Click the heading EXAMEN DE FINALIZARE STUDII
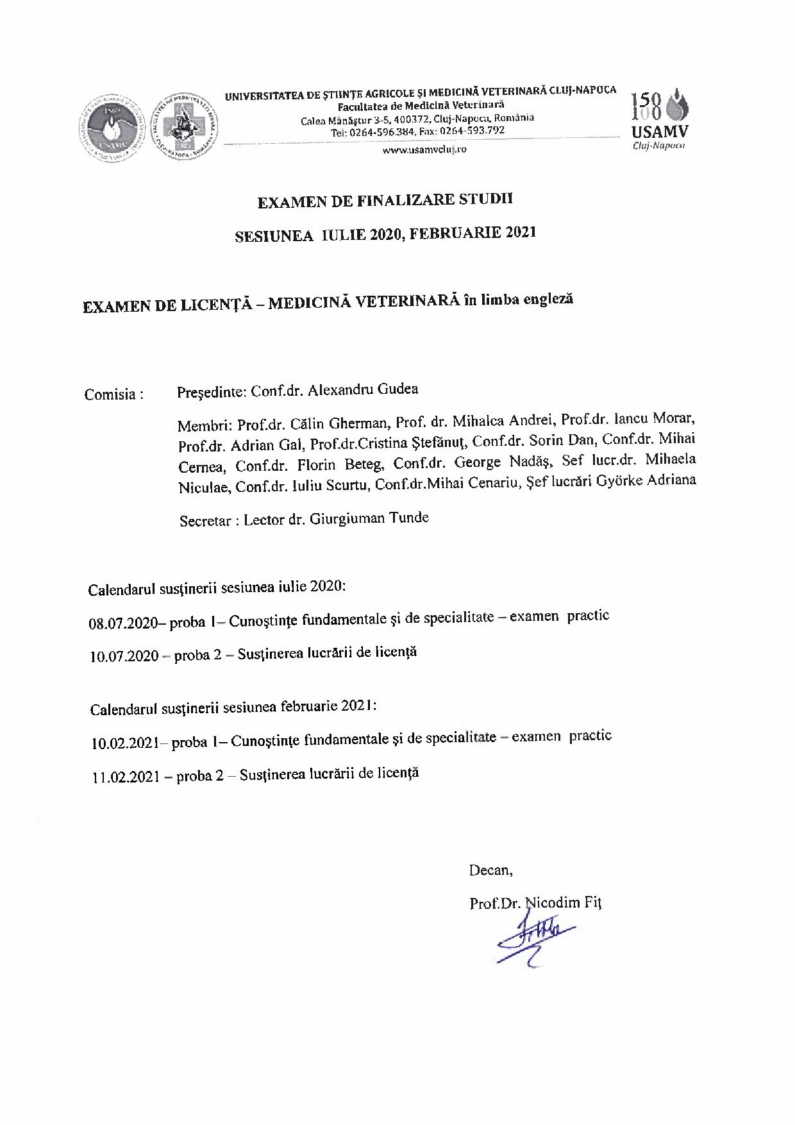tap(385, 201)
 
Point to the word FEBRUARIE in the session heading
tap(456, 233)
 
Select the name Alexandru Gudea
tap(363, 390)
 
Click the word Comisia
tap(110, 394)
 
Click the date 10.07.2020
tap(124, 656)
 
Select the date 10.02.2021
tap(125, 743)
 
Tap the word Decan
tap(490, 870)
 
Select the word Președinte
tap(211, 391)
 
